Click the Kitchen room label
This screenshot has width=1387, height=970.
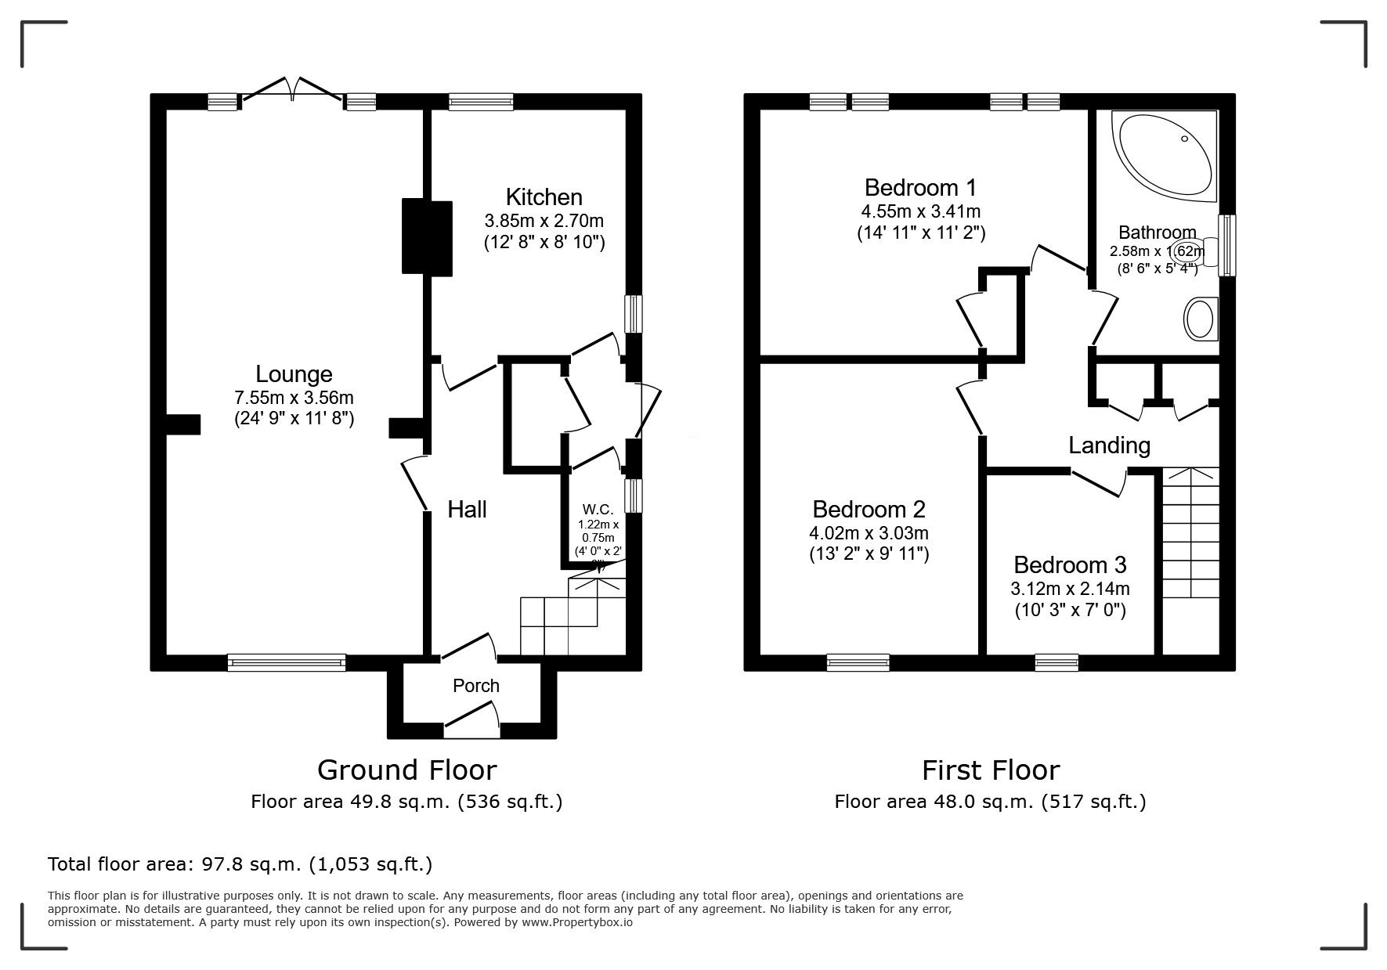[544, 197]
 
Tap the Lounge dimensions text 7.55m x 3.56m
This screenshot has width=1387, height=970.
[294, 398]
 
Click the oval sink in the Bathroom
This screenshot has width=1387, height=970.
[1198, 319]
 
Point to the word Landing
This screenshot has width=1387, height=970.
[1109, 445]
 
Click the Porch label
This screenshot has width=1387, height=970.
[475, 686]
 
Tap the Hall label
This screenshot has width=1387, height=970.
[467, 510]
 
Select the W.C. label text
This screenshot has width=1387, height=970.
[598, 510]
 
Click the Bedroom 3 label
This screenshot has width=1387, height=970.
[1069, 564]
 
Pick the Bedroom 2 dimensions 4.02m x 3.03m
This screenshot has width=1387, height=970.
[869, 533]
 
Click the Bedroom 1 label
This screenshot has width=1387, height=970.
[920, 188]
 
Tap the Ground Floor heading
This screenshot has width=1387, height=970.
[406, 770]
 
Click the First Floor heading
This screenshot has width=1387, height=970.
[990, 770]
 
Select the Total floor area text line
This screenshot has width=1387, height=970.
[240, 864]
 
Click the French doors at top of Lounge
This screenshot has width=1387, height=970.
[292, 90]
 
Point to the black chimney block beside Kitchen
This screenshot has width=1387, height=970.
[427, 237]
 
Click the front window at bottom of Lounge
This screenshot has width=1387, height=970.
[286, 662]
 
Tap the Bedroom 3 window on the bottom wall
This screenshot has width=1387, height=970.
[1057, 662]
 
